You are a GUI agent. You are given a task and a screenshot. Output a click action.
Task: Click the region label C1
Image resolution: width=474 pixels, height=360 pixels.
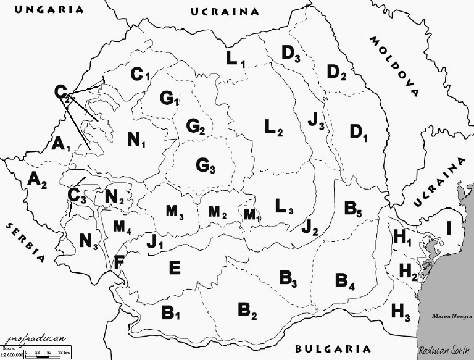(x=140, y=75)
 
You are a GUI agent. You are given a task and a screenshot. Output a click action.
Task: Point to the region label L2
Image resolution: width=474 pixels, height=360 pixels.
(x=273, y=128)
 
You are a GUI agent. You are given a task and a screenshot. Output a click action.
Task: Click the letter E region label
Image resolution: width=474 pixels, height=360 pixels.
(x=175, y=267)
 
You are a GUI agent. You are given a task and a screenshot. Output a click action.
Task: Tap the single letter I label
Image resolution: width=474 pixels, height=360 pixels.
(x=449, y=228)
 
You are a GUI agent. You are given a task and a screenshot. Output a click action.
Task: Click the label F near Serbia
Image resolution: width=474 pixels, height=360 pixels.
(x=118, y=262)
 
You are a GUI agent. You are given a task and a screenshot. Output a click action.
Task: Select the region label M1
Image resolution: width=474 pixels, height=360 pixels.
(x=251, y=214)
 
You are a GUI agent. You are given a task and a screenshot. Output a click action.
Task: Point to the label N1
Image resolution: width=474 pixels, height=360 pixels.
(x=136, y=140)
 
